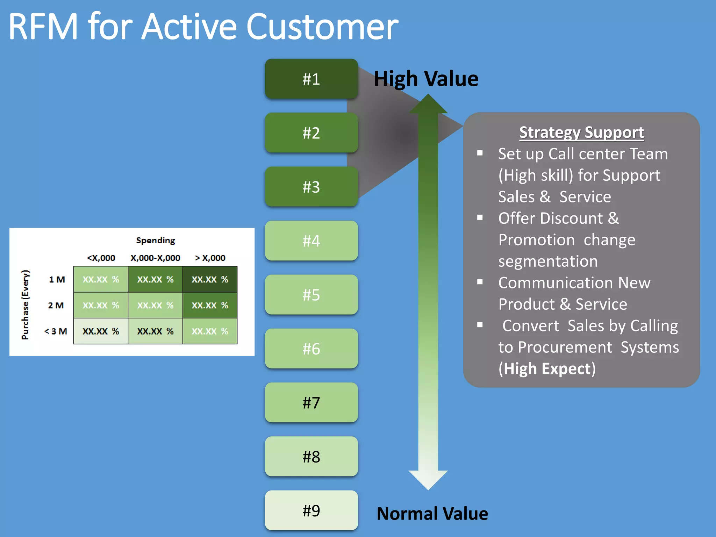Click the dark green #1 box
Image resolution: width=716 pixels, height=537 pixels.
(x=311, y=79)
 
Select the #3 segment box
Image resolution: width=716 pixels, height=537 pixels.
(x=311, y=187)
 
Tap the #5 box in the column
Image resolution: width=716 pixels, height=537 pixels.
(x=311, y=295)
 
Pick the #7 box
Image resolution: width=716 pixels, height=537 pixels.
(x=311, y=402)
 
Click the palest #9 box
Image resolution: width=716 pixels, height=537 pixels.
(x=311, y=510)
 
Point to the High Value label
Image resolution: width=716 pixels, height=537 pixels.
(x=426, y=79)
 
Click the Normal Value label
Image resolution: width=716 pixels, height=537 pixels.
(x=432, y=514)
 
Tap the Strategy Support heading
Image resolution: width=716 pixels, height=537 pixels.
(x=581, y=133)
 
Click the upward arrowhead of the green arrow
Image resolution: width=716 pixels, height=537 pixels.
(x=428, y=104)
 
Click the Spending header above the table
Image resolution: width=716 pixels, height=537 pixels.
(x=156, y=240)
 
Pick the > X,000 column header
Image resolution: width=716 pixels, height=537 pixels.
(x=210, y=258)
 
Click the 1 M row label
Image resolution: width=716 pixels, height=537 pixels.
(x=57, y=279)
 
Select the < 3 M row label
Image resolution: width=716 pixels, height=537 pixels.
(x=56, y=331)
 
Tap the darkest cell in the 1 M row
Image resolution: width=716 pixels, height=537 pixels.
(x=210, y=279)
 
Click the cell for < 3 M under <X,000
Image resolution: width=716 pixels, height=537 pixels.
(x=101, y=331)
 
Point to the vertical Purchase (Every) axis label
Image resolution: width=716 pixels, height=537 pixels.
(x=25, y=305)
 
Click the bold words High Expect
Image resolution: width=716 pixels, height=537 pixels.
(x=547, y=369)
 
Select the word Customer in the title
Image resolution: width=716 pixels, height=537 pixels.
(x=322, y=27)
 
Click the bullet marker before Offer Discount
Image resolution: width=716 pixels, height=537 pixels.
(x=480, y=217)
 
